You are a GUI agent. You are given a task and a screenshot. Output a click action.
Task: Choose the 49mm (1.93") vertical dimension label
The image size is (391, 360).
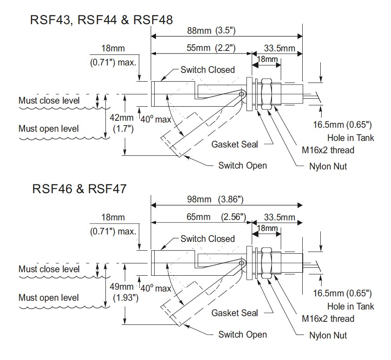pyautogui.click(x=122, y=292)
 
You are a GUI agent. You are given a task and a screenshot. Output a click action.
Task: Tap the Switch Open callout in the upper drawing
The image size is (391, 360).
pyautogui.click(x=243, y=166)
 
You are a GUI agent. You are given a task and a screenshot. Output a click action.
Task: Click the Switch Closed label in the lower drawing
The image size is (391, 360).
pyautogui.click(x=208, y=239)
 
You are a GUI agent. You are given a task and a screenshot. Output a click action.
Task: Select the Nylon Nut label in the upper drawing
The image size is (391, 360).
pyautogui.click(x=328, y=166)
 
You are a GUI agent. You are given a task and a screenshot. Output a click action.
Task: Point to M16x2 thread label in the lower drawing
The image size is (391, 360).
pyautogui.click(x=328, y=319)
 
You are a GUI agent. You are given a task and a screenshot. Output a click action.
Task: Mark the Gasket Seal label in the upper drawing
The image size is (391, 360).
pyautogui.click(x=235, y=144)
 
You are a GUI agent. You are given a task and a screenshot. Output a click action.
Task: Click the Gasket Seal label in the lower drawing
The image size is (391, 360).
pyautogui.click(x=235, y=313)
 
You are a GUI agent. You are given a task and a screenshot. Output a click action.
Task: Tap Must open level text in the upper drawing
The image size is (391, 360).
pyautogui.click(x=49, y=129)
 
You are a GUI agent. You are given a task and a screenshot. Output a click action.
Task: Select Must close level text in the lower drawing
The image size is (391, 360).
pyautogui.click(x=49, y=269)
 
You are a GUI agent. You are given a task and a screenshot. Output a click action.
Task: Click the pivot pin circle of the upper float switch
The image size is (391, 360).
pyautogui.click(x=241, y=94)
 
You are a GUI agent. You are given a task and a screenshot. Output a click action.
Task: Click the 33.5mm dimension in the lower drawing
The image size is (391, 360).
pyautogui.click(x=280, y=217)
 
